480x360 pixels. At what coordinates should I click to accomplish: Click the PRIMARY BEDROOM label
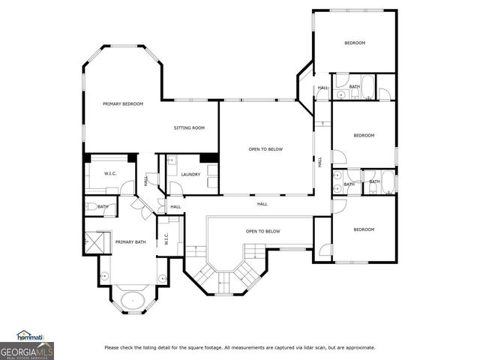click(123, 103)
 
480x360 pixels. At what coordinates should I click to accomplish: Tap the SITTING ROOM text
click(189, 128)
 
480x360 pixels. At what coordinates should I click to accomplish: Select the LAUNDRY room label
click(190, 175)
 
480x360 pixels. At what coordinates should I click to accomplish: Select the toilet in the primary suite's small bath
click(89, 207)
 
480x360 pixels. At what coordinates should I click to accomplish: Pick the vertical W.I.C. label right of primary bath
click(166, 240)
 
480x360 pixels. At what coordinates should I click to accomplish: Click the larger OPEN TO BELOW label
click(265, 149)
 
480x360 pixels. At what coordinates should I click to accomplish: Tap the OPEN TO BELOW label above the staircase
click(262, 231)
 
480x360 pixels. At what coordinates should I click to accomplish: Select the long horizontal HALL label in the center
click(262, 203)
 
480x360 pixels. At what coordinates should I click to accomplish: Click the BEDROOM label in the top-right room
click(355, 43)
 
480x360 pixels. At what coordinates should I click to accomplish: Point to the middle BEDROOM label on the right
click(364, 135)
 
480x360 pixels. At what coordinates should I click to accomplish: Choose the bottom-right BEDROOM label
click(364, 229)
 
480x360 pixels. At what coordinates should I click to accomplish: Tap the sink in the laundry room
click(170, 160)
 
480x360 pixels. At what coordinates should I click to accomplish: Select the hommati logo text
click(31, 336)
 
